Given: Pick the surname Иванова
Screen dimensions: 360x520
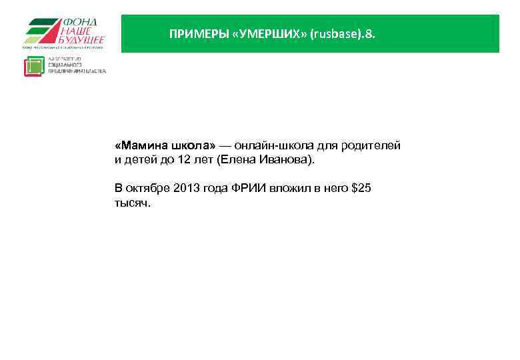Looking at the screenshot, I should pos(285,161).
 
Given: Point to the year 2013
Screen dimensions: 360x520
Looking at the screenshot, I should pos(187,189).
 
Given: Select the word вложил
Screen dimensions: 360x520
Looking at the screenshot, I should pos(289,189).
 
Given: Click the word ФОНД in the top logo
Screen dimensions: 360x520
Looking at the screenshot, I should pos(79,22).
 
